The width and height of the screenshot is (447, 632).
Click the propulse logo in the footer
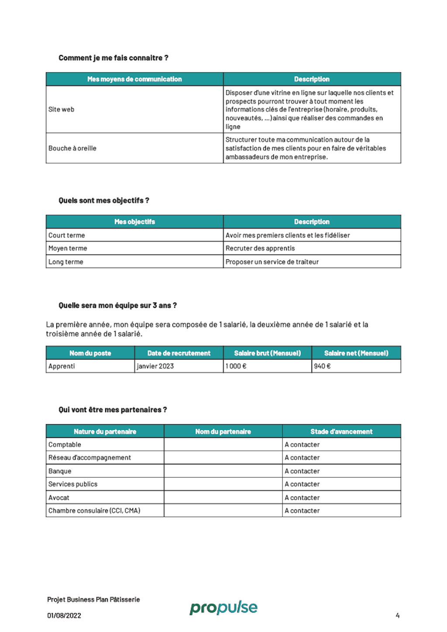[223, 607]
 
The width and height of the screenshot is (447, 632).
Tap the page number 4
[397, 615]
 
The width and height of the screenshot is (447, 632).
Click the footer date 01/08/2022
[64, 615]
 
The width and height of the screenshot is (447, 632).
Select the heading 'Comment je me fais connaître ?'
[113, 58]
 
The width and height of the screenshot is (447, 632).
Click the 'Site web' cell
[62, 110]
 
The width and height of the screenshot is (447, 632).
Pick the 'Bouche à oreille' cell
[72, 148]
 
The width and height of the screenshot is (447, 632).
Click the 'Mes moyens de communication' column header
[134, 79]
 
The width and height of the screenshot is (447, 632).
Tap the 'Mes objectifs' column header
[134, 222]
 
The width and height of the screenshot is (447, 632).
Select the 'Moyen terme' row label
[68, 248]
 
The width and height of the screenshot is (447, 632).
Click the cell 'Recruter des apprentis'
[260, 248]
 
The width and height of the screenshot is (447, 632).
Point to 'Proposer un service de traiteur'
[272, 262]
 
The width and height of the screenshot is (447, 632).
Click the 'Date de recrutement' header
[179, 353]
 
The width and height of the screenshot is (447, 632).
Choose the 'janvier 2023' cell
[155, 366]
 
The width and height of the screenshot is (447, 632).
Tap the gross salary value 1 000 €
[236, 366]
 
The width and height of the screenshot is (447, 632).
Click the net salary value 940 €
[322, 366]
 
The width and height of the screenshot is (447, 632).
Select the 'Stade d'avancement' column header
[341, 432]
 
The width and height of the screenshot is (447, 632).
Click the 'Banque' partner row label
[60, 471]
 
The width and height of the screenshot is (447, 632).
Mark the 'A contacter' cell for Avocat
[302, 498]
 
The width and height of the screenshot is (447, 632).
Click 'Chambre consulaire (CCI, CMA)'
[94, 511]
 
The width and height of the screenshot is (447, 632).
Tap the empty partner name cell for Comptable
[223, 445]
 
